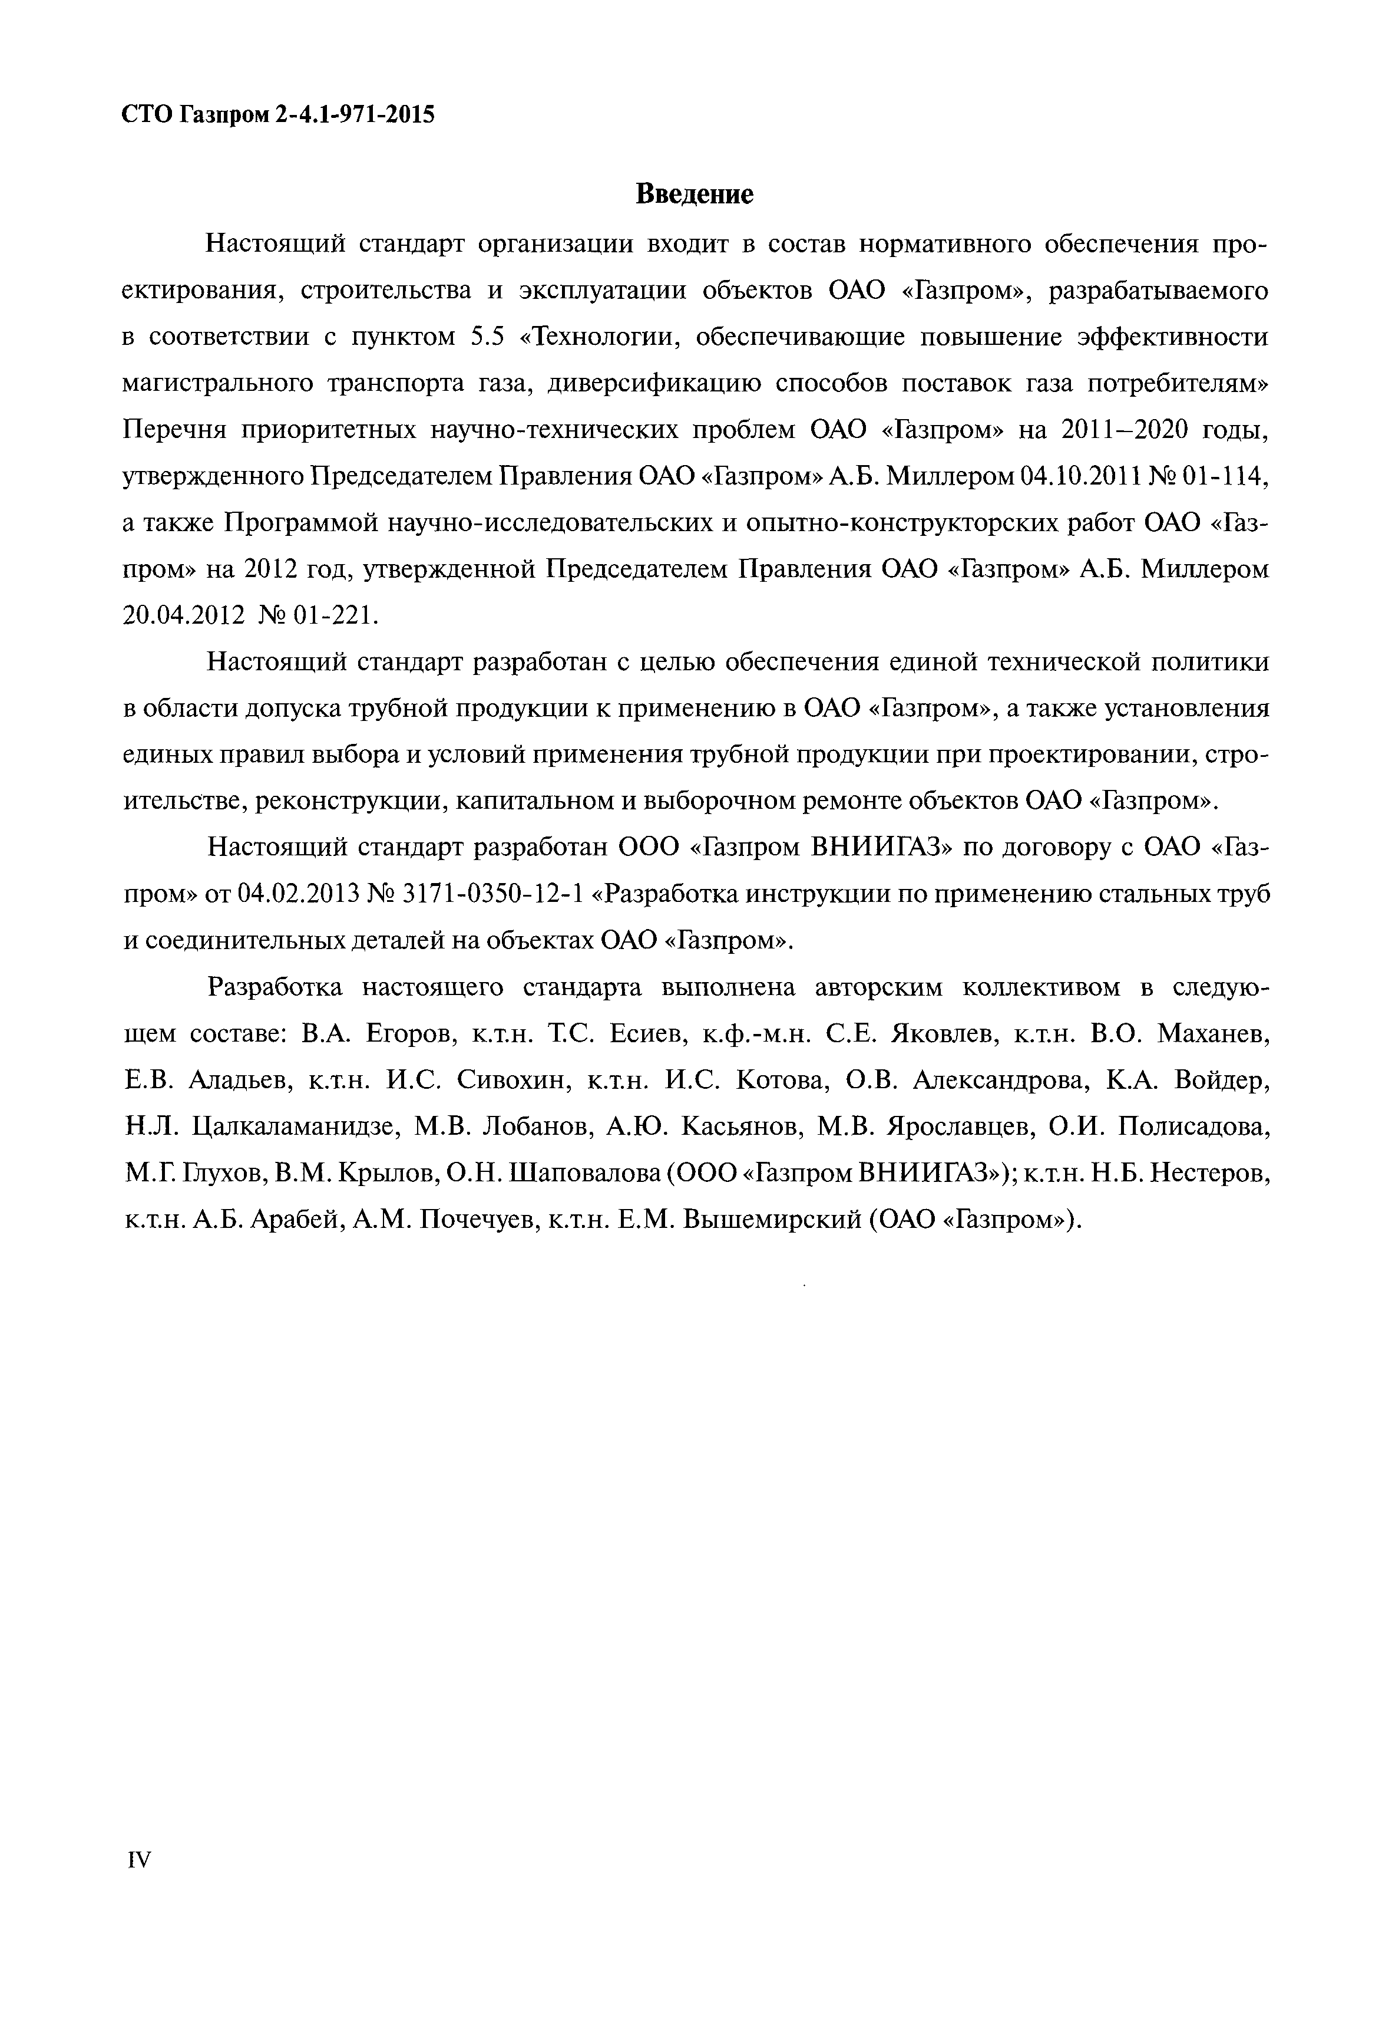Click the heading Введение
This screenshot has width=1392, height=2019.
pos(695,194)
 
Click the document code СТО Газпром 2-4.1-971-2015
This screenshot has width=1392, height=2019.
pos(277,114)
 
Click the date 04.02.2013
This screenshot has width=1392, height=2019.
pos(298,894)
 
